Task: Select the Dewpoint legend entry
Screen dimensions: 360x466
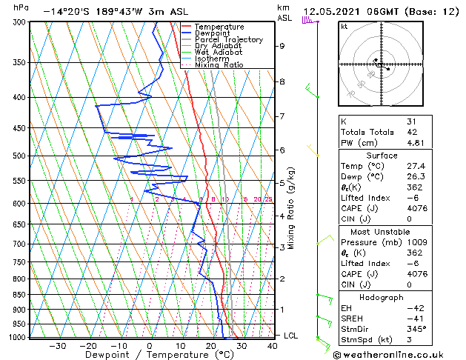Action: pyautogui.click(x=214, y=33)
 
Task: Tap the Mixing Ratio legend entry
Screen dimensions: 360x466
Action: pyautogui.click(x=219, y=64)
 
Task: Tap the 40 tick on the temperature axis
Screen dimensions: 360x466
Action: pyautogui.click(x=272, y=345)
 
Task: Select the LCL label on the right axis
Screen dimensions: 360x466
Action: pyautogui.click(x=291, y=336)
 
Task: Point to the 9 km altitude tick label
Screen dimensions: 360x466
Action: pyautogui.click(x=282, y=46)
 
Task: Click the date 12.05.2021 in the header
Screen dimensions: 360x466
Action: pyautogui.click(x=330, y=12)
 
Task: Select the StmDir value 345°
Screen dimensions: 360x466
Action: pyautogui.click(x=416, y=329)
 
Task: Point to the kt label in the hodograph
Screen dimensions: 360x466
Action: pyautogui.click(x=344, y=27)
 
